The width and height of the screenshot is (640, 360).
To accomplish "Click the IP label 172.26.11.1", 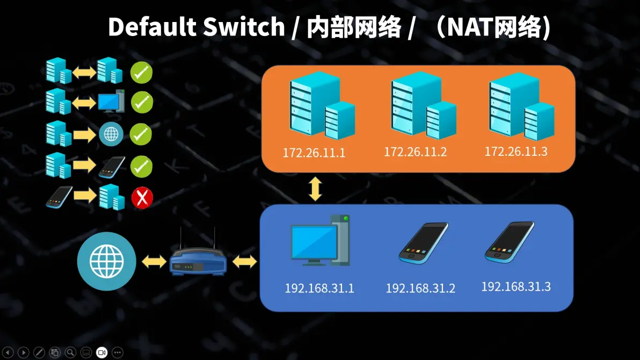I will pos(314,153).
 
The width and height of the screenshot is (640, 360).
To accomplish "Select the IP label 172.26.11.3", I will pos(516,151).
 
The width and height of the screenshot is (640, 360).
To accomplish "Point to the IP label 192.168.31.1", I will pos(319,288).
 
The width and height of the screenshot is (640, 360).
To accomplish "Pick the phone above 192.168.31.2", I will pos(423,242).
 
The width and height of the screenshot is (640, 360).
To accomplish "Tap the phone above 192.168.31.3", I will pos(510,242).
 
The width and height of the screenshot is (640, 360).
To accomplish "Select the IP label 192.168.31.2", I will pos(420,288).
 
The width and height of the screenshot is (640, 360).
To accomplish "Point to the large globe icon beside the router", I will pos(107,261).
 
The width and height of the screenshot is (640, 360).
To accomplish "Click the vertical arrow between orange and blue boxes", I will pos(315,189).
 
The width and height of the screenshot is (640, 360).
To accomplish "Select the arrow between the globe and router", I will pos(154,262).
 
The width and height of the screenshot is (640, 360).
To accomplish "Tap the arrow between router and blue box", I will pos(245,262).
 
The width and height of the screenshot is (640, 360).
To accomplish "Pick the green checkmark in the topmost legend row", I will pos(142,72).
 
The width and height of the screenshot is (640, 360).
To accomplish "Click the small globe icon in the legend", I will pos(111,134).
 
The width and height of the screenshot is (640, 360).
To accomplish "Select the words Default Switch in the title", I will pos(196,27).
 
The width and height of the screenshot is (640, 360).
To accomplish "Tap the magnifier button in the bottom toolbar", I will pos(70,352).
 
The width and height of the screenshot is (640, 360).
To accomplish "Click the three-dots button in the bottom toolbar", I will pos(118,352).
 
